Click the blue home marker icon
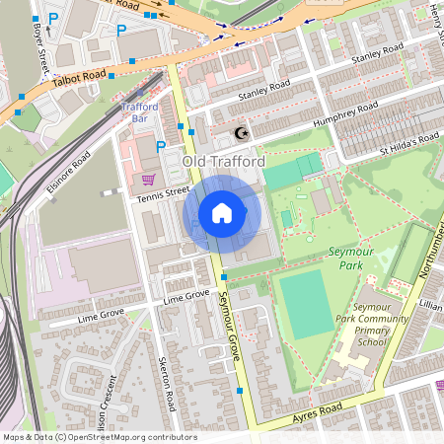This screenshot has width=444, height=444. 222,213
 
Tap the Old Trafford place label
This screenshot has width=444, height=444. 223,160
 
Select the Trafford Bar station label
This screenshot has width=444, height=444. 139,111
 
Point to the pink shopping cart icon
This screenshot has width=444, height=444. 148,179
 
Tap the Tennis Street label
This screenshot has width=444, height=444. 162,192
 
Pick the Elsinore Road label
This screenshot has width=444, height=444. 67,175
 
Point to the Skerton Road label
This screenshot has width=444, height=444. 169,385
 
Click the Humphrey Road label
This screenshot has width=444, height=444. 344,114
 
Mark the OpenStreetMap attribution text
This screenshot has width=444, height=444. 99,436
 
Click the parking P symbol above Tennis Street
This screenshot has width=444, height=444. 161,147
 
